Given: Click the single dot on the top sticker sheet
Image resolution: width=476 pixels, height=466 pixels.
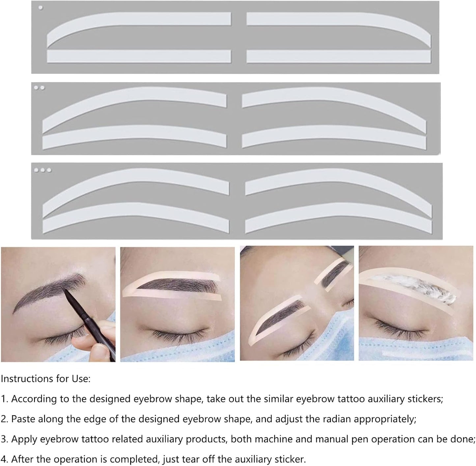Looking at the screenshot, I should click(41, 8).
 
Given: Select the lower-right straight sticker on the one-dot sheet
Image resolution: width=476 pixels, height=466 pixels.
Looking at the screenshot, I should click(338, 56).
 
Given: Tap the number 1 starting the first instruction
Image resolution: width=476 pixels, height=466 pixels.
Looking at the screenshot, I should click(4, 399).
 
